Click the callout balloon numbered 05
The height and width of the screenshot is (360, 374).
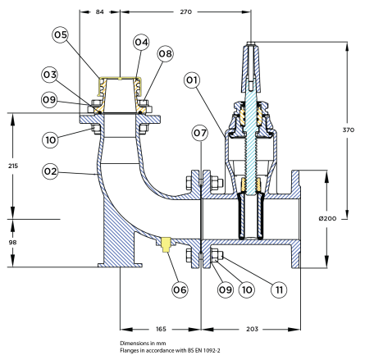[x=61, y=34]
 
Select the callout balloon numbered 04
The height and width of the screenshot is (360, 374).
[x=141, y=42]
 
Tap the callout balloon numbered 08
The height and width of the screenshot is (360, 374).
[x=166, y=53]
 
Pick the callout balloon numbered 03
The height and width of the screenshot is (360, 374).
[x=50, y=75]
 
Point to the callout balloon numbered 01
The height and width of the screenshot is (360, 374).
[x=192, y=80]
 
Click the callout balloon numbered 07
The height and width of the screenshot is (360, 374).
[x=200, y=133]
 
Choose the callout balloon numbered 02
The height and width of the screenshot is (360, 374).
[x=50, y=171]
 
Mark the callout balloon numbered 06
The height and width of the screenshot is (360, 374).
[x=180, y=289]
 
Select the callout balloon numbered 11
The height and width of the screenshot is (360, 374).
[x=279, y=289]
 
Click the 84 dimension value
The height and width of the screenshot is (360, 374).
[x=100, y=11]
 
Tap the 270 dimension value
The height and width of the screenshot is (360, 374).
[x=186, y=11]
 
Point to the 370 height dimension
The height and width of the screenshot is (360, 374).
[x=349, y=130]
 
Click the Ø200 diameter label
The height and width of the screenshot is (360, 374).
[x=327, y=218]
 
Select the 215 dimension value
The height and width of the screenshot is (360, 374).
[x=13, y=166]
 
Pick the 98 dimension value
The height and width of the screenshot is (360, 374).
[x=12, y=242]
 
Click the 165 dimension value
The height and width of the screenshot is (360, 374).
[x=161, y=329]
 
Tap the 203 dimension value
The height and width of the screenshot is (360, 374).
[x=252, y=329]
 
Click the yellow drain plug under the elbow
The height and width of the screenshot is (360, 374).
[x=166, y=244]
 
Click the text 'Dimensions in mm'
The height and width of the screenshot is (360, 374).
[x=143, y=344]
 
